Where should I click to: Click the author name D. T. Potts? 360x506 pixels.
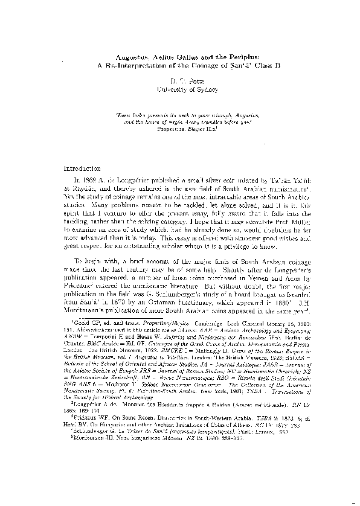point(179,80)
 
